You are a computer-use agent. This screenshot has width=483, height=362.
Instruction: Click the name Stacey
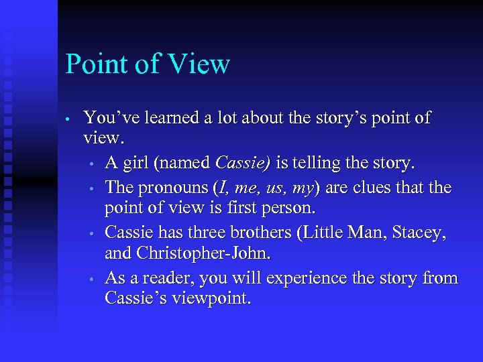pyautogui.click(x=417, y=233)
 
